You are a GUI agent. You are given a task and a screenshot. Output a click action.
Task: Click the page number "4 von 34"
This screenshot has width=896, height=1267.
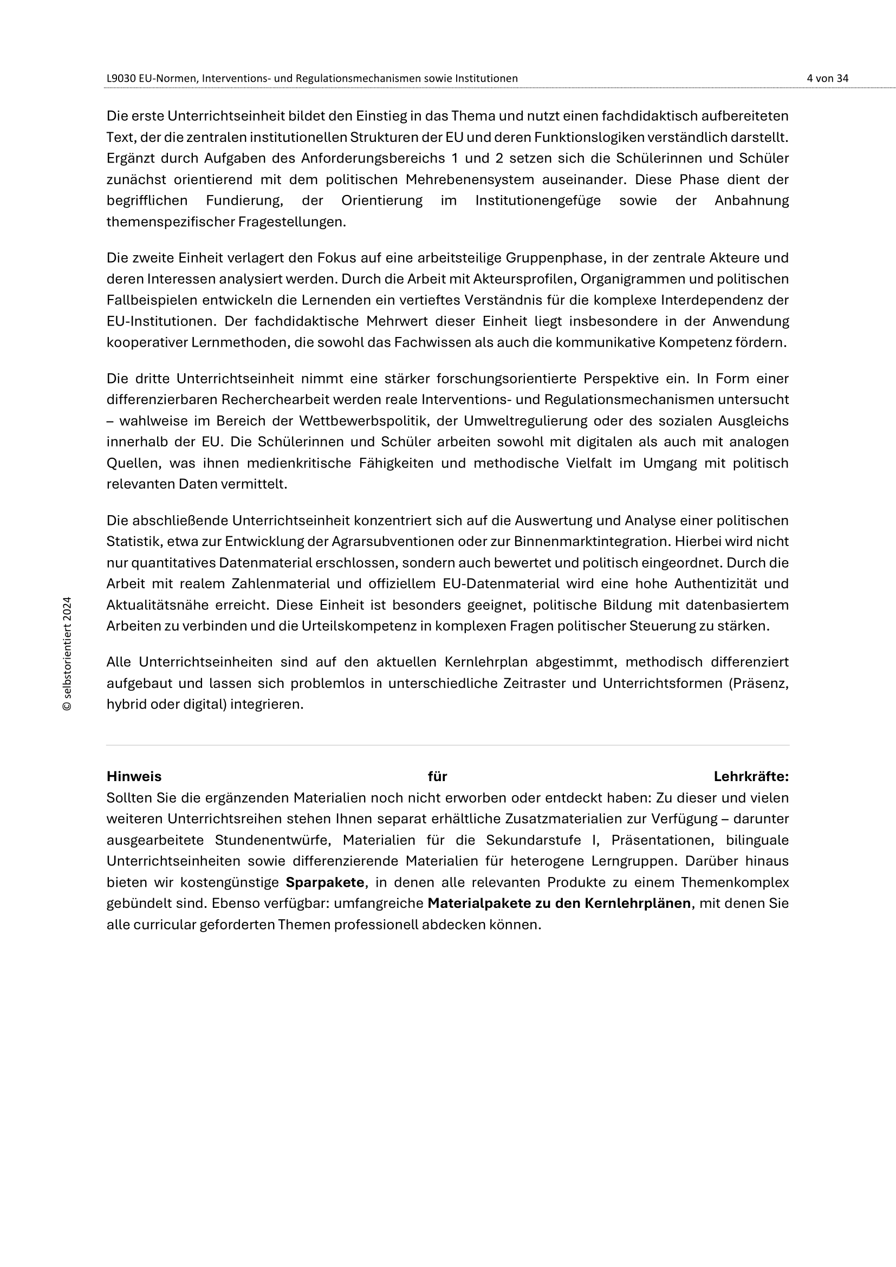tap(827, 79)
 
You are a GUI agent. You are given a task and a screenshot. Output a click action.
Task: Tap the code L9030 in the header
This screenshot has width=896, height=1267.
tap(121, 79)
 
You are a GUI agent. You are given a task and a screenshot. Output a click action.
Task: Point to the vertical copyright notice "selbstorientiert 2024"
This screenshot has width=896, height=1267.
tap(67, 653)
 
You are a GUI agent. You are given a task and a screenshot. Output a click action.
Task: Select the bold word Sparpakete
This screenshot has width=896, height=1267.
tap(325, 882)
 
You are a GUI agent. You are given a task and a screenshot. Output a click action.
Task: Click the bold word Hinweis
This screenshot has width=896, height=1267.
tap(134, 776)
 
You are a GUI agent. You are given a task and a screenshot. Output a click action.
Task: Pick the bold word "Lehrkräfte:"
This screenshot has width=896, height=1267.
tap(751, 776)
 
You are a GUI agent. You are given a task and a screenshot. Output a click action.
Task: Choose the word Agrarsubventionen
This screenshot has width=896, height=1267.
tap(393, 542)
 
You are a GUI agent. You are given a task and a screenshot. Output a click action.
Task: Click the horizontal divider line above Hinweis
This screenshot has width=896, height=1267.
tap(447, 745)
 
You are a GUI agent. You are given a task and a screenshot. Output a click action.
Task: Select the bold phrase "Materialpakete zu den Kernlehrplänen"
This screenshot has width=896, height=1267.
tap(559, 904)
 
